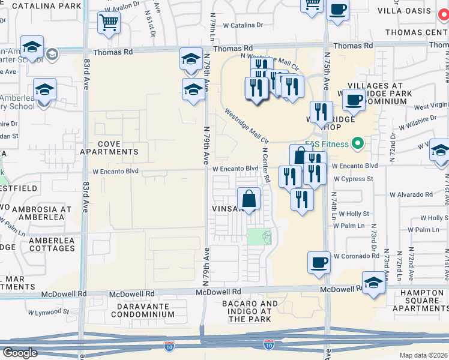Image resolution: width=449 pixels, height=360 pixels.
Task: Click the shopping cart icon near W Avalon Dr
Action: coord(108,23)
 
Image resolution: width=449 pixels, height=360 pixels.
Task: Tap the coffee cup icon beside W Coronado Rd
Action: coord(319,262)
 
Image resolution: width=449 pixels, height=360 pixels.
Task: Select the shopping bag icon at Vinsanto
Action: coord(248,198)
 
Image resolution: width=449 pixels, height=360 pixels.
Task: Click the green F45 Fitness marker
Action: coord(358,143)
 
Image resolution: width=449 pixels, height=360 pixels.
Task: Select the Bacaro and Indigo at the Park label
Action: coord(253,311)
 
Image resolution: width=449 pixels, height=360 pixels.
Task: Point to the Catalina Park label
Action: coord(46,5)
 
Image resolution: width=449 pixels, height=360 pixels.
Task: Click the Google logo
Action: coord(20,353)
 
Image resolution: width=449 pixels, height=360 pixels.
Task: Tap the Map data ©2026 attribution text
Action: coord(423,355)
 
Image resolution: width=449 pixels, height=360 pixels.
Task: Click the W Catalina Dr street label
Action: coord(243,25)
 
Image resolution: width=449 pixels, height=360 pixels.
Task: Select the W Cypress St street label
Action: coord(354,179)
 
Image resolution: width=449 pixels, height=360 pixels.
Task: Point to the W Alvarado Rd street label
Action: coord(411,194)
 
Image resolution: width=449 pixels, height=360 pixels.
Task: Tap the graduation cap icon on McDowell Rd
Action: coord(373,283)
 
